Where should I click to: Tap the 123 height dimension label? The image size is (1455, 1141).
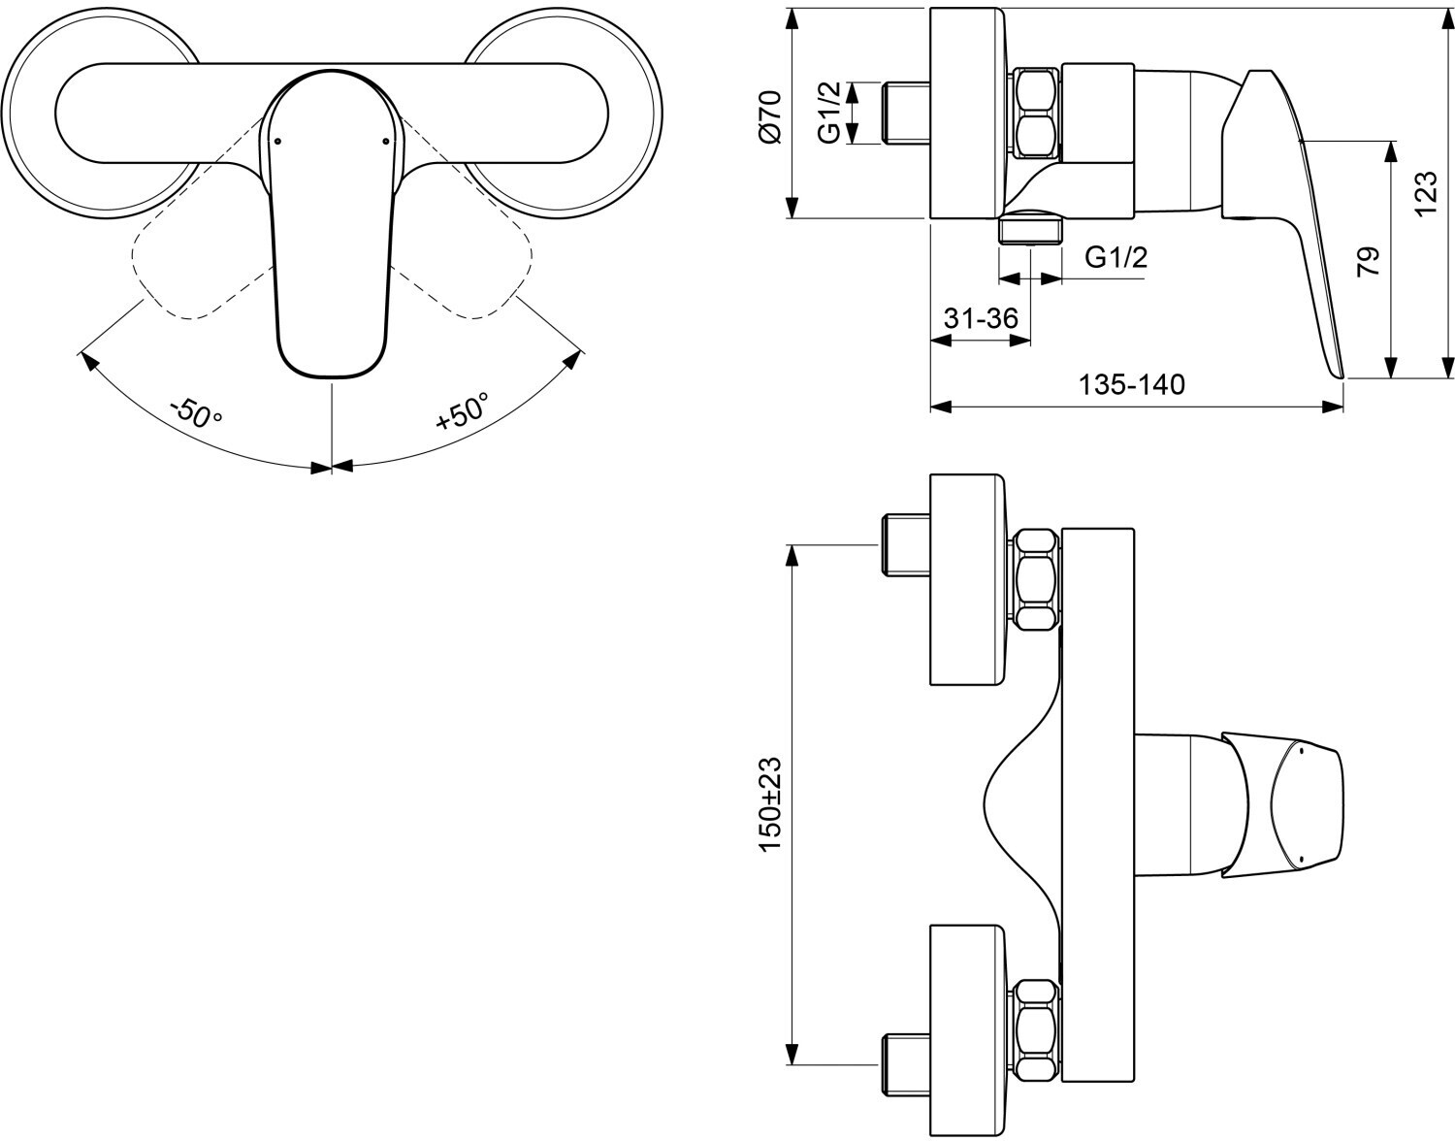click(1426, 194)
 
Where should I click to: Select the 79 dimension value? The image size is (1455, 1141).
click(1368, 261)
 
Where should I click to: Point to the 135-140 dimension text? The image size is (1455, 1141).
click(1132, 384)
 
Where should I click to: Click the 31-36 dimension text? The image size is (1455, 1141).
click(980, 318)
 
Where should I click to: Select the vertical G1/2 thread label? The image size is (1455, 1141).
click(830, 113)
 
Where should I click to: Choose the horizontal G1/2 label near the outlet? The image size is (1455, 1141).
click(1115, 257)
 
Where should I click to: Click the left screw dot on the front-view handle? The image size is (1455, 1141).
click(277, 142)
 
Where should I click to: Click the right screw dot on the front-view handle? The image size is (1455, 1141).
click(386, 142)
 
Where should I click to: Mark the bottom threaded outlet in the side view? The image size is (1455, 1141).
click(1030, 229)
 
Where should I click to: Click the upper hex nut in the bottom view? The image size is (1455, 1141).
click(1035, 579)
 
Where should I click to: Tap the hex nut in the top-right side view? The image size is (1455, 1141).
click(1035, 113)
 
